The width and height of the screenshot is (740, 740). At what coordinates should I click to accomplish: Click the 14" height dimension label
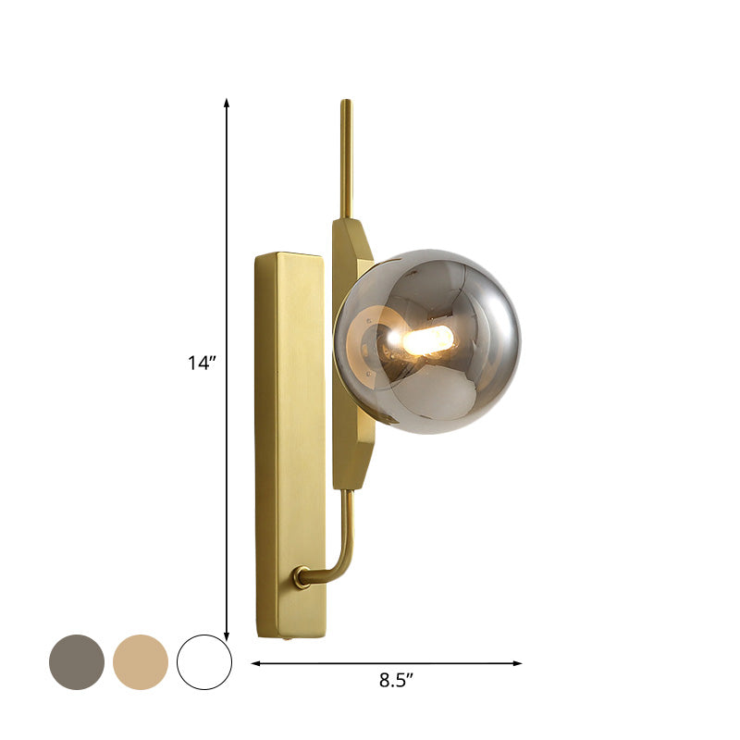click(200, 364)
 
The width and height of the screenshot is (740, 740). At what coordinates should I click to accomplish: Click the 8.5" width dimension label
click(396, 681)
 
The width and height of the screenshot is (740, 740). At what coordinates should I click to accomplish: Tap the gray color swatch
click(77, 661)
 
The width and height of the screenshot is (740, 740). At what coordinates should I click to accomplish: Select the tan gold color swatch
click(141, 661)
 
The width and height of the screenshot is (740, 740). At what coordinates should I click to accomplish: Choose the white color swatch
click(204, 661)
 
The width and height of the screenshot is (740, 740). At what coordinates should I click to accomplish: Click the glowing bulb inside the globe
click(427, 340)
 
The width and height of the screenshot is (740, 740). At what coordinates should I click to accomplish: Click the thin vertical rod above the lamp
click(346, 157)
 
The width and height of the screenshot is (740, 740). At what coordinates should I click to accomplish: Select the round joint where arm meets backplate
click(302, 577)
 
